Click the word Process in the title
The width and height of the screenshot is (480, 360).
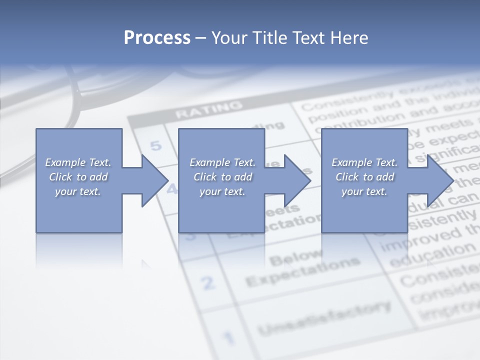point(157,38)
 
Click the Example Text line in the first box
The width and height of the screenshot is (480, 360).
point(78,162)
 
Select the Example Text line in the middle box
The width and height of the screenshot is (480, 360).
point(222,162)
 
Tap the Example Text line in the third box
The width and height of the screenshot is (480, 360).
point(364,162)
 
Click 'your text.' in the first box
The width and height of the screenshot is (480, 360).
point(78,191)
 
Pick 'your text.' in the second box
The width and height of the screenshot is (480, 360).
point(222,191)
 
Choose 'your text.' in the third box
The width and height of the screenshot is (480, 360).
point(364,191)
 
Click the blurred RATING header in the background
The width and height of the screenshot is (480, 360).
point(208,109)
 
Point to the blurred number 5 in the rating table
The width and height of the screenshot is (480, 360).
point(156,146)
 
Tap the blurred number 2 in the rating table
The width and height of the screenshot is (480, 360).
point(208,283)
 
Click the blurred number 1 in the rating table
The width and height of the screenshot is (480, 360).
point(228,336)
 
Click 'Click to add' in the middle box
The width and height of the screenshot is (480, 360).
point(222,177)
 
